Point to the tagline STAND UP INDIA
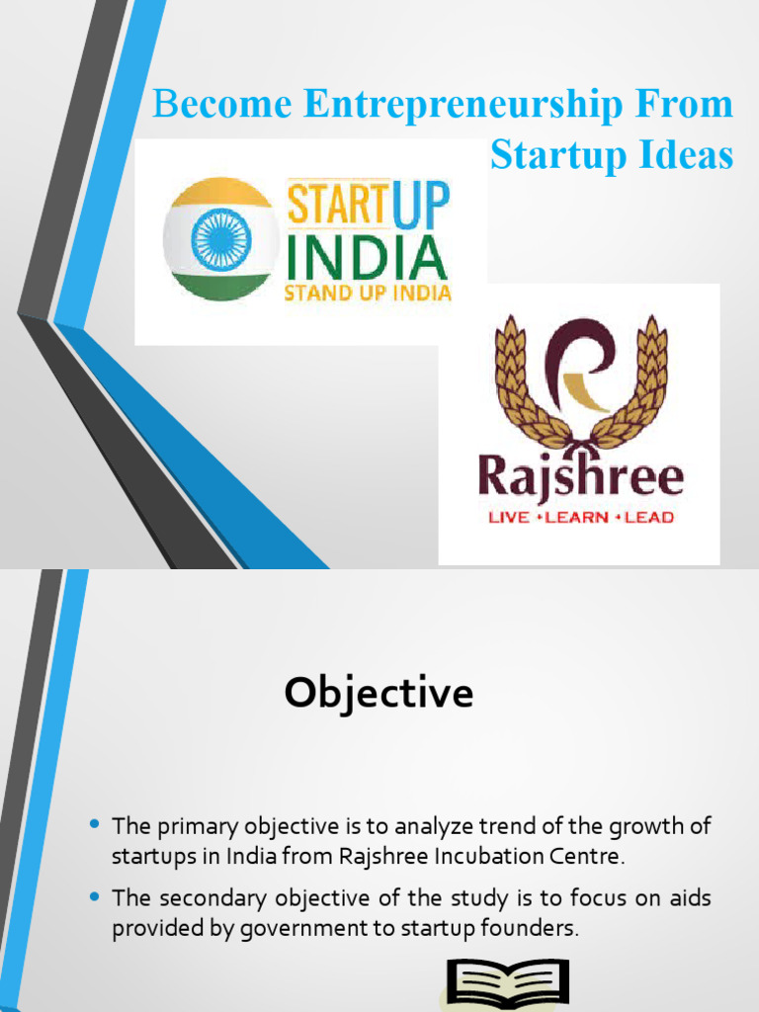point(368,293)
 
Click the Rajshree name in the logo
point(580,478)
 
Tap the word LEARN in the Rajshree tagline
point(581,517)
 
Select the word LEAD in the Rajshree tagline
point(647,517)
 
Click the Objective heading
point(379,694)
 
